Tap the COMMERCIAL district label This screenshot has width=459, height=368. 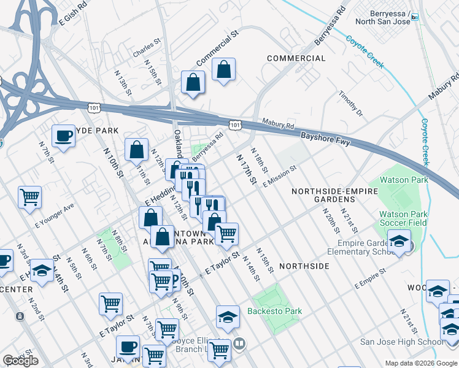(x=296, y=58)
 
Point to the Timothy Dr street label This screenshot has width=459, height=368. (x=351, y=104)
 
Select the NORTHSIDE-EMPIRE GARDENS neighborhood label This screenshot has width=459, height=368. (x=334, y=196)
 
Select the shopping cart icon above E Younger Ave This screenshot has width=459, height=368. (x=29, y=197)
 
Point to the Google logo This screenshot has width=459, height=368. (x=21, y=361)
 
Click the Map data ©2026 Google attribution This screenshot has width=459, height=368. (x=420, y=363)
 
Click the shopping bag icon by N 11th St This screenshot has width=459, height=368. (x=136, y=149)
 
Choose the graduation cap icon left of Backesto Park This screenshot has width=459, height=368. (x=228, y=316)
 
